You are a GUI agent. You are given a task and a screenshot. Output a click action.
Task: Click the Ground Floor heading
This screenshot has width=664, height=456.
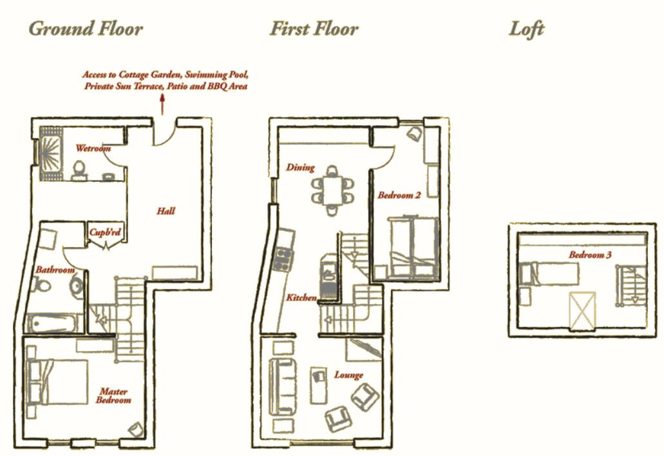(x=86, y=29)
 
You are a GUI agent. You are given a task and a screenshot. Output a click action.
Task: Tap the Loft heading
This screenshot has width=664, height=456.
(x=526, y=29)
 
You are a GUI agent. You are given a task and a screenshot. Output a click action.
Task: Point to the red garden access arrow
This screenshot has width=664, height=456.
(x=162, y=104)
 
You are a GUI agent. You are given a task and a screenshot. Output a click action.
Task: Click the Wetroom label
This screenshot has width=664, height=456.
(x=93, y=148)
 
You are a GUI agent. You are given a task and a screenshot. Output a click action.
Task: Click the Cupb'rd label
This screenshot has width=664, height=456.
(x=105, y=232)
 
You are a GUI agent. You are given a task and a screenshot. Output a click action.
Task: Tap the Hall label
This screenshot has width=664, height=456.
(x=166, y=211)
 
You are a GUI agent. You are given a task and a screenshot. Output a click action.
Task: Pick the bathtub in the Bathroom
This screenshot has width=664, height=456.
(x=53, y=324)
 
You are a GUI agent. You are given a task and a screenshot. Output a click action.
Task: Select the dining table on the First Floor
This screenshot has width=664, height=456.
(x=333, y=190)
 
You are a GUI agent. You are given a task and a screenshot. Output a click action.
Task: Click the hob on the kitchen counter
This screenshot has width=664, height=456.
(x=283, y=258)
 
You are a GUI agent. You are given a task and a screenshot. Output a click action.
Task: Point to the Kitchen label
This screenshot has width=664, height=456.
(x=301, y=297)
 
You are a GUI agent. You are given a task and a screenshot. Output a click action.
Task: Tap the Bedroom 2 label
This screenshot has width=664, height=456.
(x=399, y=195)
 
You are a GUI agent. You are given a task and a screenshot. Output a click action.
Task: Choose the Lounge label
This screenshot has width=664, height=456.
(x=348, y=375)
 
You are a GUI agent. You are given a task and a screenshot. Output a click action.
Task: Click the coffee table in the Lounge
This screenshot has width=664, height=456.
(x=318, y=385)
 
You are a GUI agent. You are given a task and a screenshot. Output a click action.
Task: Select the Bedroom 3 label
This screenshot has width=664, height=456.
(x=590, y=255)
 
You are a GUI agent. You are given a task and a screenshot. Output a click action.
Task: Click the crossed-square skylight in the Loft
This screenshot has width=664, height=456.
(x=582, y=311)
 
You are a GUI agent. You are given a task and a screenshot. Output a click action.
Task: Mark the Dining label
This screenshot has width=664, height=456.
(x=300, y=167)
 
